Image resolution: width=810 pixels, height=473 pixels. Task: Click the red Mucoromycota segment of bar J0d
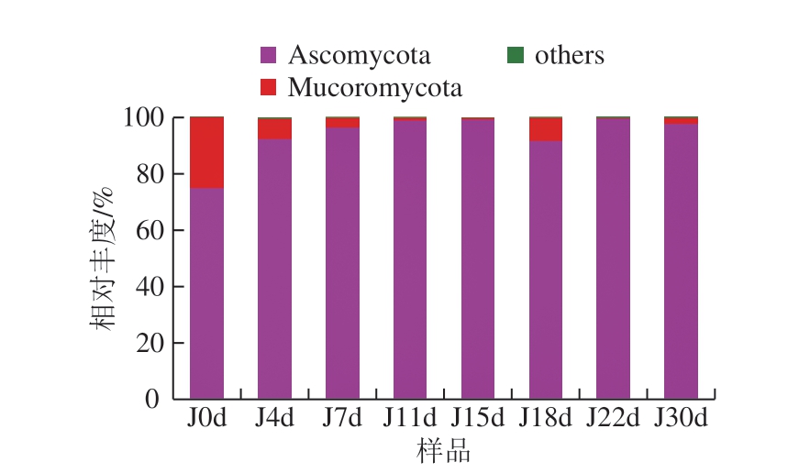coord(206,153)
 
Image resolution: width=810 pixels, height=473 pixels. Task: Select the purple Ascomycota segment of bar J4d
coord(274,269)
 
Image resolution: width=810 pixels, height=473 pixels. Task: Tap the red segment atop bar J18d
coord(546,129)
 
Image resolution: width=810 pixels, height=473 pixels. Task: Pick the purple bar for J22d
coord(613,258)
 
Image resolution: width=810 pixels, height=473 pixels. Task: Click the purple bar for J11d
coord(410,259)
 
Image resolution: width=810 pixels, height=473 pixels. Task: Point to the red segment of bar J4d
coord(274,129)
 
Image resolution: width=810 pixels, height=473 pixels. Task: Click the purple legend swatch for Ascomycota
coord(268,55)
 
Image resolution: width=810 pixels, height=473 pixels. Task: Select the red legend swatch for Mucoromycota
coord(268,87)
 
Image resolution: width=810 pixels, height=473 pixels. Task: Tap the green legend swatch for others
coord(516,55)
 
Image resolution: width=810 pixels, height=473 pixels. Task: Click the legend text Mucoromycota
coord(375,88)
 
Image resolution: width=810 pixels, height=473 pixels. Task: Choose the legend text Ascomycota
coord(359,56)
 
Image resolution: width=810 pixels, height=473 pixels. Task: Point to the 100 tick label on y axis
coord(144,117)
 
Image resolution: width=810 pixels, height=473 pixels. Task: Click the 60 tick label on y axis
coord(150,230)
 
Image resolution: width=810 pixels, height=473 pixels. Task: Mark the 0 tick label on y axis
coord(152,399)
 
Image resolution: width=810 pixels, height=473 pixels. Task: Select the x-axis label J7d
coord(342,417)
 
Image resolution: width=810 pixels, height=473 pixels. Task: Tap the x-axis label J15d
coord(477,417)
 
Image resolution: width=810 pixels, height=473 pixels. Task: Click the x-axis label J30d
coord(681,417)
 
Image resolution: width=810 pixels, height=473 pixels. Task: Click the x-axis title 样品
coord(444,450)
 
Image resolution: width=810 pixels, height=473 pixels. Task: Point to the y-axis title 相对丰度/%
coord(101,258)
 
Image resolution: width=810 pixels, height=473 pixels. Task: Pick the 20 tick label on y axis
coord(150,343)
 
